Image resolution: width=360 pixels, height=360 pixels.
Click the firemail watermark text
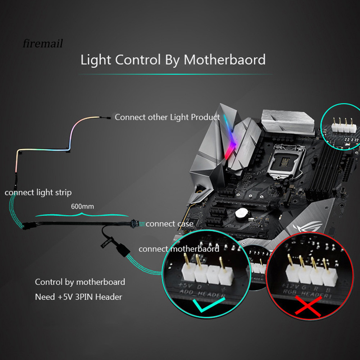click(x=42, y=44)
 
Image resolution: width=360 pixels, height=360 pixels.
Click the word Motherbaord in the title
click(x=225, y=59)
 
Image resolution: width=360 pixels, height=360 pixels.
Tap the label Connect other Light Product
click(x=167, y=117)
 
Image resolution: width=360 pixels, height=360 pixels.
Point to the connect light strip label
click(x=38, y=192)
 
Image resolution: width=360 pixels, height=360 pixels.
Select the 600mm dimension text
click(x=82, y=207)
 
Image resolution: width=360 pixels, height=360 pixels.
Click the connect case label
click(x=169, y=224)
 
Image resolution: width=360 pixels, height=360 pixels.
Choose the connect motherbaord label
click(x=179, y=249)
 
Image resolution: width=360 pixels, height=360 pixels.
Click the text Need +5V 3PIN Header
click(x=78, y=297)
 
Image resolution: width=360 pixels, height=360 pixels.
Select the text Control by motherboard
click(x=80, y=282)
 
